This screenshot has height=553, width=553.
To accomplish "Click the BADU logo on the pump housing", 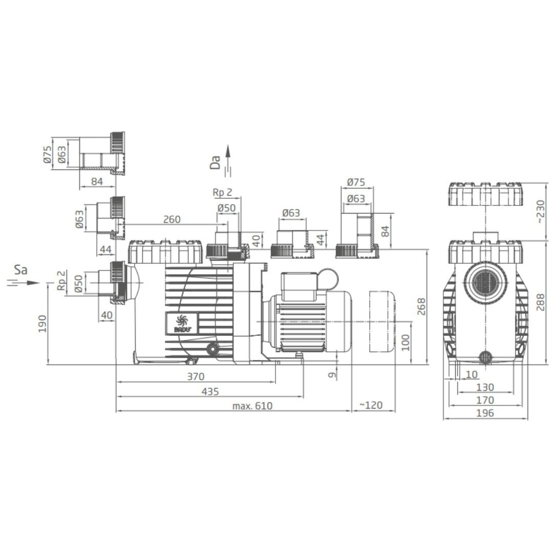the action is [x=182, y=323].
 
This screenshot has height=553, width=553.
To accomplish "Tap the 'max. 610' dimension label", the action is [x=252, y=406].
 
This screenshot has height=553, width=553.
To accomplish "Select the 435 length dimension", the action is [x=210, y=392].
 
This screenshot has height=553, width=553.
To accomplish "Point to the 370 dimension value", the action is [x=196, y=377].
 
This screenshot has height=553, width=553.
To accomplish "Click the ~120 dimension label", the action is [x=371, y=405].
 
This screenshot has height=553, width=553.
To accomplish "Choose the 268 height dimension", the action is [x=421, y=307].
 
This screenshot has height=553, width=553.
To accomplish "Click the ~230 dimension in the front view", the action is [x=541, y=211].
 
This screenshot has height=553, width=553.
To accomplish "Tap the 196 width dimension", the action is [x=485, y=413].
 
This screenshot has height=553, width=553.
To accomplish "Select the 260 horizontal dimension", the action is [x=172, y=219].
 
